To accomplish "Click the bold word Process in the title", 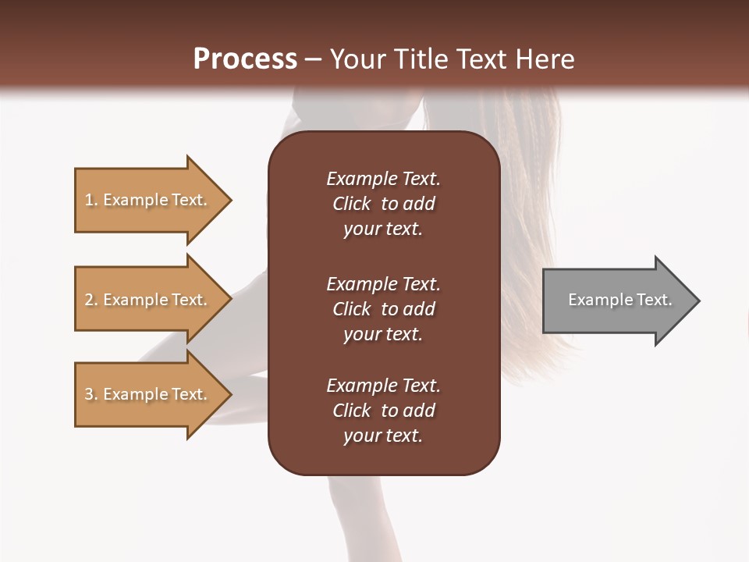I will click(245, 59).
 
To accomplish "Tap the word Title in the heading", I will click(420, 59).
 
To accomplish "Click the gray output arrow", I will click(616, 301).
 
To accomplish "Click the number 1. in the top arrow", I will click(91, 200).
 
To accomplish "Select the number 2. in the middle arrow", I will click(91, 300).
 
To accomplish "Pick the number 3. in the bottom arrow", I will click(91, 394).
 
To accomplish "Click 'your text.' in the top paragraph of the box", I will click(383, 229).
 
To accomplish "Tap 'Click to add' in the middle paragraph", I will click(383, 309).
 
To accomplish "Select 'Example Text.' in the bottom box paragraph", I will click(383, 386).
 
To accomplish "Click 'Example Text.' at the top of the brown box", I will click(383, 179).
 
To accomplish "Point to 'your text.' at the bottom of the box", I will click(383, 436).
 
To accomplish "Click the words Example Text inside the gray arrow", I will click(619, 300).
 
